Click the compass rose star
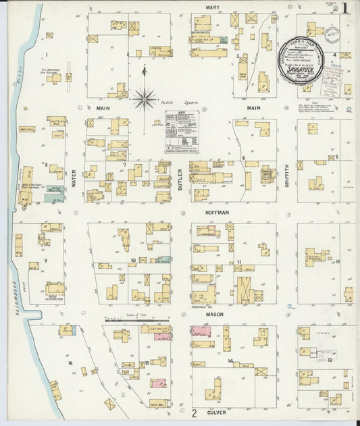coord(145,100)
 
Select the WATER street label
coord(74,177)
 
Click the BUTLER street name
coord(180,177)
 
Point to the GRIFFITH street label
coord(286,176)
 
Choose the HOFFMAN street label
coord(217,212)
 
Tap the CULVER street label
coord(217,411)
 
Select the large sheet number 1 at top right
coord(345,9)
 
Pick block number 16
coord(70,363)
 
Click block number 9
coord(47,260)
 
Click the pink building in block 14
coord(201,331)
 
